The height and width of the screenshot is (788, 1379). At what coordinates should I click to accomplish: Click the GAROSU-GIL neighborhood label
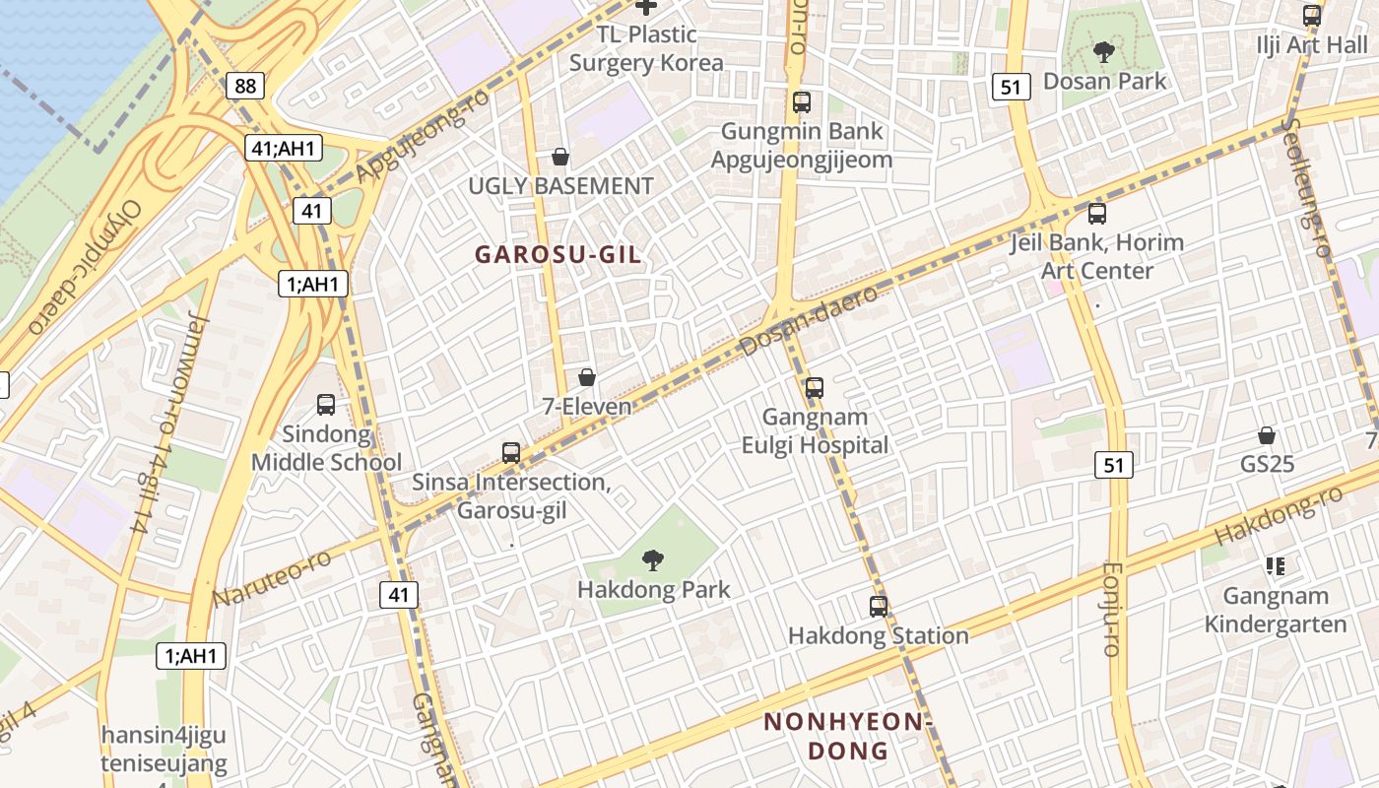coord(558,254)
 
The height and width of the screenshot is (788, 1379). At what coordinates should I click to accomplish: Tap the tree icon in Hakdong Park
coord(652,561)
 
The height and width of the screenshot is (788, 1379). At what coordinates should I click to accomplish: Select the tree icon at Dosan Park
coord(1104,52)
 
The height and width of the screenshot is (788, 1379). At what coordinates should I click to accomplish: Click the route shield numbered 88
coord(245,86)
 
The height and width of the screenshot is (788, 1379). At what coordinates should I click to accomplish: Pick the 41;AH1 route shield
coord(284,149)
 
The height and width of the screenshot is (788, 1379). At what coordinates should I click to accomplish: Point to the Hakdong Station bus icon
coord(878,607)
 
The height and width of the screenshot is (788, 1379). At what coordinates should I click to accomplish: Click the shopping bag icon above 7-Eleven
coord(587,377)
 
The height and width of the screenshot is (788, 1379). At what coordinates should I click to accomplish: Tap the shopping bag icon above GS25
coord(1267,435)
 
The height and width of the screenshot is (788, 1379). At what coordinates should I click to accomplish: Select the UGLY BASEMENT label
coord(560,186)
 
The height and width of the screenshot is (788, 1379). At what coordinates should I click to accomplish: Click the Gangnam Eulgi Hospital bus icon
coord(815,388)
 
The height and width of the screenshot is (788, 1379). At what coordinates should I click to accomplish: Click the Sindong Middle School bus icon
coord(326,405)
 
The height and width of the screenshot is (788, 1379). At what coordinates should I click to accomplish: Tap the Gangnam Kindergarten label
coord(1275,610)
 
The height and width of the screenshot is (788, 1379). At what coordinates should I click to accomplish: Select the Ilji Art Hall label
coord(1312,45)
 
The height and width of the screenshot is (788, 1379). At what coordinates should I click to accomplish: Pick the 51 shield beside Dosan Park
coord(1011,87)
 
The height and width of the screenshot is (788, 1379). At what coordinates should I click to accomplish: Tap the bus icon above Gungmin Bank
coord(802,101)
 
